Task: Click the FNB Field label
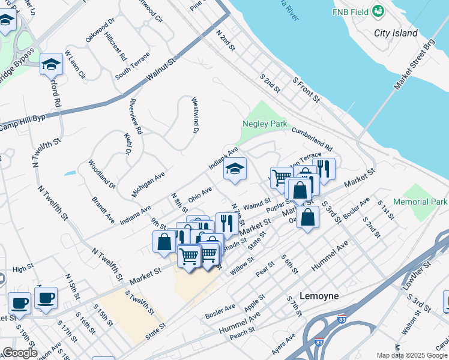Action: click(x=351, y=11)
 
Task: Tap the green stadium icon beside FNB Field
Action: click(x=378, y=11)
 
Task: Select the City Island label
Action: click(x=396, y=33)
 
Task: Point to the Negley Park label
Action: click(x=265, y=124)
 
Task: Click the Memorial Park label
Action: click(x=420, y=202)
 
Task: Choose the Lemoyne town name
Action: click(x=319, y=296)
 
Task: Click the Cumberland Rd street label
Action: click(x=312, y=138)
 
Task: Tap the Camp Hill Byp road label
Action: click(x=23, y=123)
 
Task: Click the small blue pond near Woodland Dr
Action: click(x=70, y=173)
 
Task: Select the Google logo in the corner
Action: click(x=19, y=352)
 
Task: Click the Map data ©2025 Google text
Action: click(x=412, y=355)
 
